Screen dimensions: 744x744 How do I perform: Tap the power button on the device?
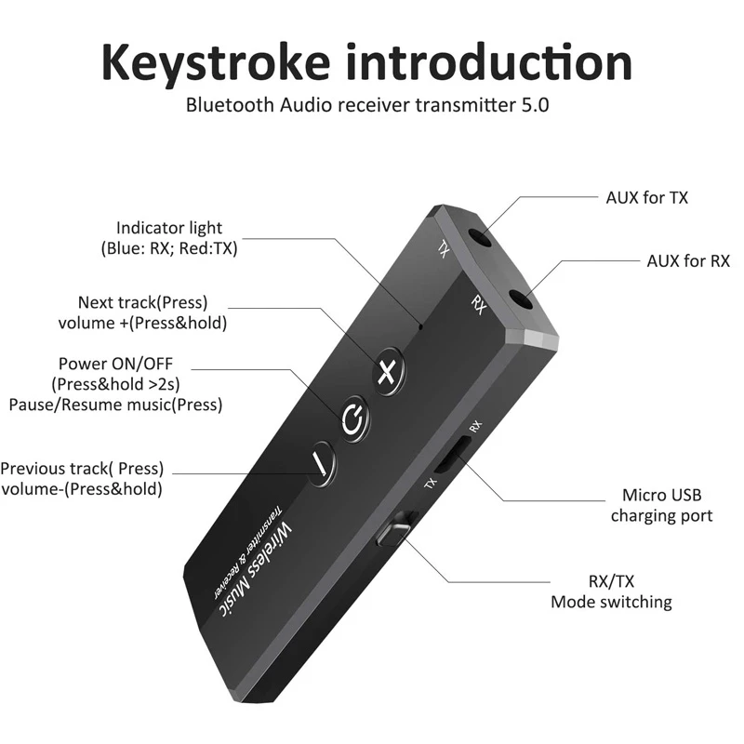pos(352,418)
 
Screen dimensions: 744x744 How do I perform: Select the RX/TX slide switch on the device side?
pos(392,534)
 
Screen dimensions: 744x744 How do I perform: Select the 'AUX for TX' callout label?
pos(646,197)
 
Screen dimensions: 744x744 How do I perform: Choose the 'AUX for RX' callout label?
pos(688,260)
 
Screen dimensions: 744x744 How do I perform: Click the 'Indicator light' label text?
pos(169,228)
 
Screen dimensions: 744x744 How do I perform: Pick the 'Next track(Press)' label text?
pos(143,303)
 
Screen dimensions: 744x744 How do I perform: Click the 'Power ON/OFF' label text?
pos(115,364)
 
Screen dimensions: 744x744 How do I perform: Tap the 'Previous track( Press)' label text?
pos(82,469)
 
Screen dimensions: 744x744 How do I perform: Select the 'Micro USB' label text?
pos(661,496)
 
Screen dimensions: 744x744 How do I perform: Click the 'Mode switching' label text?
pos(611,602)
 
